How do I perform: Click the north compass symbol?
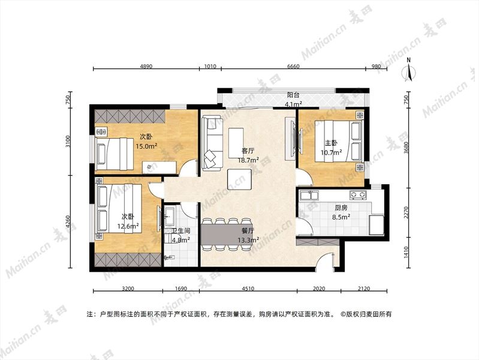pyautogui.click(x=409, y=70)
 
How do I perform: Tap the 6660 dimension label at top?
pyautogui.click(x=293, y=66)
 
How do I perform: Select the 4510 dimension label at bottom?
pyautogui.click(x=248, y=288)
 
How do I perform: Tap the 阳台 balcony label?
pyautogui.click(x=293, y=95)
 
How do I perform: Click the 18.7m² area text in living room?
pyautogui.click(x=248, y=160)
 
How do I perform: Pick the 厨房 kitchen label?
pyautogui.click(x=341, y=208)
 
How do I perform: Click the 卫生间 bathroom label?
pyautogui.click(x=181, y=231)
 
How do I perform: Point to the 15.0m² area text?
pyautogui.click(x=147, y=146)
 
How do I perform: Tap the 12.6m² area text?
pyautogui.click(x=128, y=226)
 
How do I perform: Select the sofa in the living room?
pyautogui.click(x=212, y=143)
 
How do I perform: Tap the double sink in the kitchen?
pyautogui.click(x=309, y=195)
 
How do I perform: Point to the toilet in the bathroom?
pyautogui.click(x=169, y=257)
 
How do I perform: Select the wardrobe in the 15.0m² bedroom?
pyautogui.click(x=130, y=117)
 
